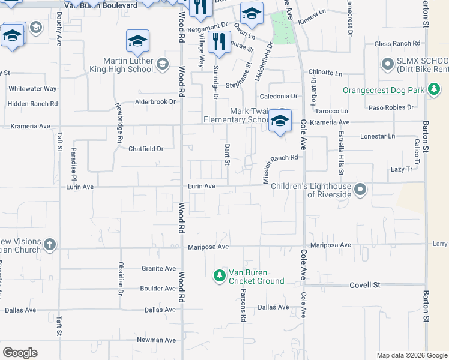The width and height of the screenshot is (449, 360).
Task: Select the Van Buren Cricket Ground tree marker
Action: click(220, 276)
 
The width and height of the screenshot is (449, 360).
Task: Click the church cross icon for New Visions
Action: click(50, 245)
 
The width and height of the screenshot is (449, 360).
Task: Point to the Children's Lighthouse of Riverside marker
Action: click(360, 190)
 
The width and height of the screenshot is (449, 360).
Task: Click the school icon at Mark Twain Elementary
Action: click(279, 120)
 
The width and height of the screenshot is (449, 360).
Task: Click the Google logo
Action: click(20, 353)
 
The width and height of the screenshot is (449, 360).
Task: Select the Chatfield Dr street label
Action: click(146, 149)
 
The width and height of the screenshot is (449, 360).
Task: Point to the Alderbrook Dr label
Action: click(155, 102)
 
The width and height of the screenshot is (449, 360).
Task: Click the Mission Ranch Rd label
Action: click(277, 158)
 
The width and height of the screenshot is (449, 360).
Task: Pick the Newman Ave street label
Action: click(156, 340)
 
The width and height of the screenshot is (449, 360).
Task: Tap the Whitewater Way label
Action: click(33, 89)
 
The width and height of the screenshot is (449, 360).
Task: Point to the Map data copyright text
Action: click(411, 355)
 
